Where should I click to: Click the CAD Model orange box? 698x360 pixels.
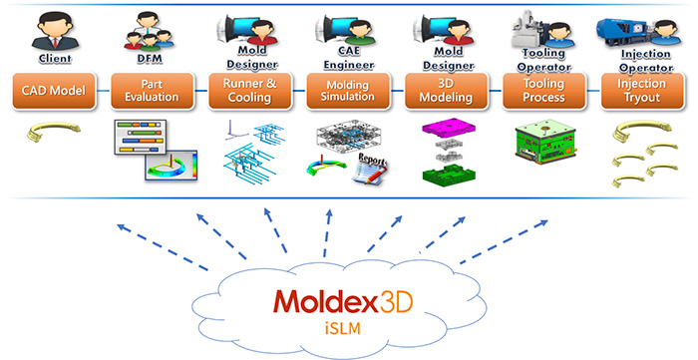pos(54,91)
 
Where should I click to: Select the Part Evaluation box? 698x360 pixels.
pos(153,91)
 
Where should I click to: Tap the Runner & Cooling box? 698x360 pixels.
pos(250,91)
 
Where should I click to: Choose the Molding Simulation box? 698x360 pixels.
pos(348,91)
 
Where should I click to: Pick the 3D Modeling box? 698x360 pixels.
pos(446,91)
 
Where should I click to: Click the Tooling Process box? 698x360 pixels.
pos(544,91)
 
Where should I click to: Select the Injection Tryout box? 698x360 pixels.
pos(642,91)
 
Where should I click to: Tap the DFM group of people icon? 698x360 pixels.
pos(149,30)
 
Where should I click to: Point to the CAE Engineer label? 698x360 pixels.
pos(349,58)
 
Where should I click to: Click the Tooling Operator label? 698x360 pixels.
pos(544,60)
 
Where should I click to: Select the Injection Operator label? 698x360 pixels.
pos(645,61)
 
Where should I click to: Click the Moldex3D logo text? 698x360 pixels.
pos(343,301)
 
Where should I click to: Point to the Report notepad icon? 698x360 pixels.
pos(370,169)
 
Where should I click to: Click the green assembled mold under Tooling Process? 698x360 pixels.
pos(545,141)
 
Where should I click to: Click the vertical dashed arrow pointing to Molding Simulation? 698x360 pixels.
pos(327,233)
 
